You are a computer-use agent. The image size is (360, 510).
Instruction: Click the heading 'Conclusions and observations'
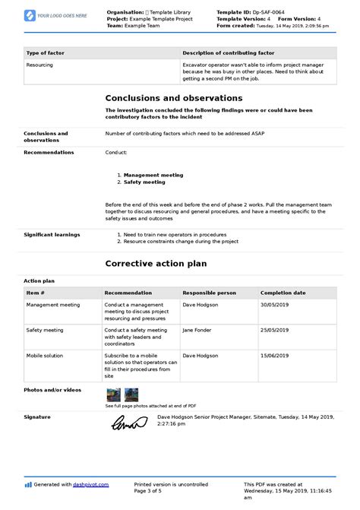point(174,98)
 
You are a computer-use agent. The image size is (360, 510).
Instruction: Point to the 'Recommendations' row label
point(49,152)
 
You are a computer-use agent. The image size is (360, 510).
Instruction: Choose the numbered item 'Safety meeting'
point(144,182)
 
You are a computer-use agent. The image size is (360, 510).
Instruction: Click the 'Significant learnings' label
point(52,234)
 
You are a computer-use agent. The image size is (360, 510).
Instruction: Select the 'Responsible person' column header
point(209,293)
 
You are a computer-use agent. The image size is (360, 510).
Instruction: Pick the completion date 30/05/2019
point(275,305)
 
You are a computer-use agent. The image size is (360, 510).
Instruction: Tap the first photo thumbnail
point(113,394)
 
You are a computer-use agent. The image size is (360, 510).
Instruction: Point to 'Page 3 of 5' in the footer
point(153,490)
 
